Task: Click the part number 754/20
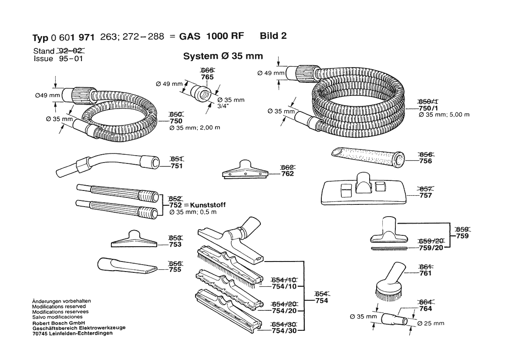tap(284, 311)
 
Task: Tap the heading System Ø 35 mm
tap(222, 56)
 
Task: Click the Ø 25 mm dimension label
tap(431, 323)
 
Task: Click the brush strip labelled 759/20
tap(389, 248)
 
